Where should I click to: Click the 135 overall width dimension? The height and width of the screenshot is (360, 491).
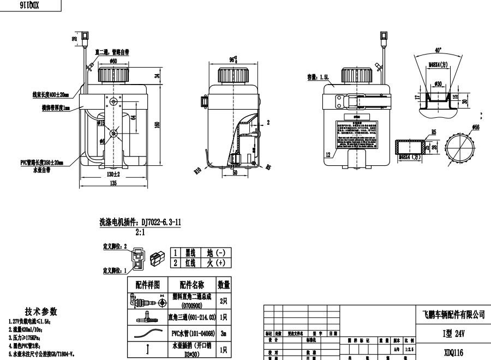[x=113, y=184]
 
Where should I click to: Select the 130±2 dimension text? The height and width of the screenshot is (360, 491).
[x=113, y=174]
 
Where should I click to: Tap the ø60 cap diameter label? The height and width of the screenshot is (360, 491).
[x=113, y=61]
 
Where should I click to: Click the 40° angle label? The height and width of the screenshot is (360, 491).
[x=438, y=50]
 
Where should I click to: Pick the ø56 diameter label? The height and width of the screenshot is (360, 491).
[x=476, y=127]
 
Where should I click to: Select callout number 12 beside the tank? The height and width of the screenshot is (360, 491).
[x=327, y=155]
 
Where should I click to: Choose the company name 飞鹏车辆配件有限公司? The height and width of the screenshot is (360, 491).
[x=453, y=314]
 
